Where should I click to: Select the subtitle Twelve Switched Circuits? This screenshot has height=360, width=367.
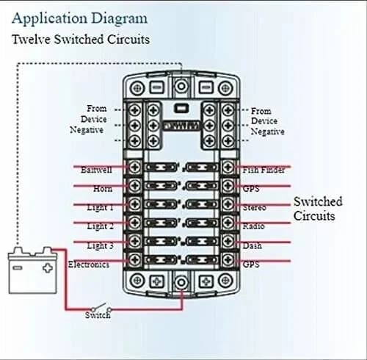81,39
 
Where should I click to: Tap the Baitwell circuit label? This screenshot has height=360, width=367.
96,170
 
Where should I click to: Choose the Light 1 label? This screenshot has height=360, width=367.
100,207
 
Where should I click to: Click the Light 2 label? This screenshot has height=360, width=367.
100,226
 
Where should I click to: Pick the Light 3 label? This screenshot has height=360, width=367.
100,245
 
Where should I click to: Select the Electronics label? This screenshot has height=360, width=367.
89,264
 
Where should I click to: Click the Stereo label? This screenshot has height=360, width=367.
254,207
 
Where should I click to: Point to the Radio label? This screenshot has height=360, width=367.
253,226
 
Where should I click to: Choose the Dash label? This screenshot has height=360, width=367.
252,245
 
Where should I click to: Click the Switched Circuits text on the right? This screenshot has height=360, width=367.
318,208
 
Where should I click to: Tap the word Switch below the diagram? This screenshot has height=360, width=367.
97,315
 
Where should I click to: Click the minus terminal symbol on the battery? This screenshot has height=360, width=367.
19,267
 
